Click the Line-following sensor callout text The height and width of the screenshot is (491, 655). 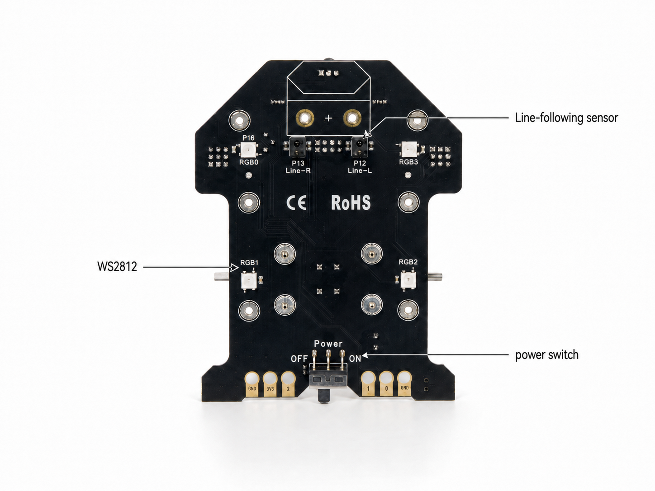[x=566, y=118]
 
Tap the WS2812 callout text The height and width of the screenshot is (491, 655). [x=117, y=266]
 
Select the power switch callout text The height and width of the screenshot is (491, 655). [x=547, y=355]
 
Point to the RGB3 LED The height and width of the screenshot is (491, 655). [x=409, y=149]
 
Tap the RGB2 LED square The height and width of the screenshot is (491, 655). [x=408, y=280]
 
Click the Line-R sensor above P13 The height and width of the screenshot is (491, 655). [x=298, y=146]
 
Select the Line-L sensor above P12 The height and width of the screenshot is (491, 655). [x=360, y=146]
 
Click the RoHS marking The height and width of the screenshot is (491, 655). [x=351, y=203]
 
